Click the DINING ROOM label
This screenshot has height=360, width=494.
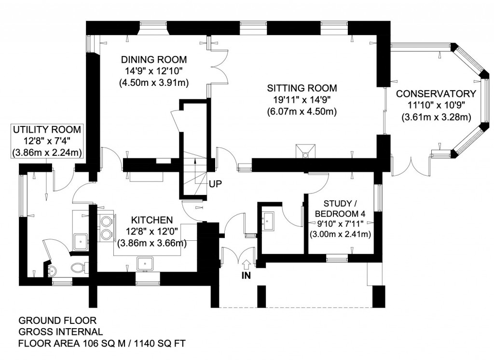(x=154, y=60)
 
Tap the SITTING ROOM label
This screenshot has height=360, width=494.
(x=302, y=89)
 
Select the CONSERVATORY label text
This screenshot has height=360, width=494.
(x=436, y=94)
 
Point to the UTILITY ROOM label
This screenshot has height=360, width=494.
(x=47, y=130)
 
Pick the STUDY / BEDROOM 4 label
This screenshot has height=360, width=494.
(x=339, y=208)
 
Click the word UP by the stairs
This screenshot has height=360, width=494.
(x=215, y=184)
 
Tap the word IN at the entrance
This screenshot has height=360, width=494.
(x=246, y=276)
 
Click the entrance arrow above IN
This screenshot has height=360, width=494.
(x=246, y=263)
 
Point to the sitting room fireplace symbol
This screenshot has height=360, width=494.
(x=305, y=151)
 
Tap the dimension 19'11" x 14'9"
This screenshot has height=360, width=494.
(x=302, y=100)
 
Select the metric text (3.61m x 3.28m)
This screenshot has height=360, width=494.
(x=436, y=117)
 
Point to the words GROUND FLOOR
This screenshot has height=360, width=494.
(x=57, y=320)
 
